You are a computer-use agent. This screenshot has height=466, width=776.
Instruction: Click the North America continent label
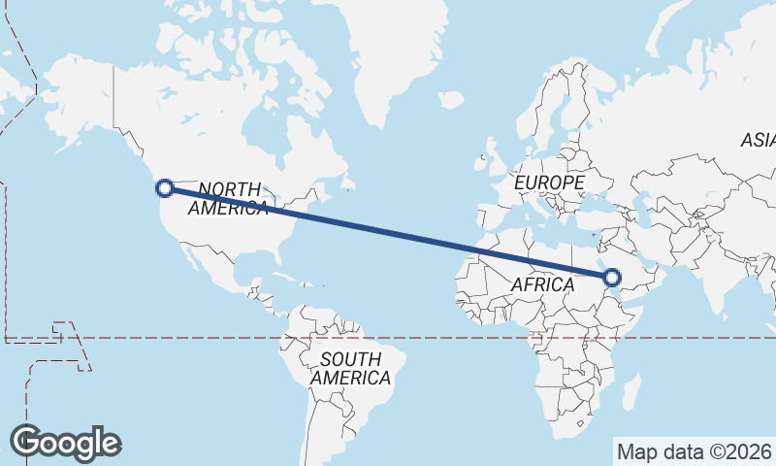pos(229,198)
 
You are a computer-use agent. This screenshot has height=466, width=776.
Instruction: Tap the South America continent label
pos(351,368)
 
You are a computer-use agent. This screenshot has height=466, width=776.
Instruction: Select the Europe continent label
pos(549,183)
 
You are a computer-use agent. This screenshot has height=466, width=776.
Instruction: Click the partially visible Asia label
pos(758,141)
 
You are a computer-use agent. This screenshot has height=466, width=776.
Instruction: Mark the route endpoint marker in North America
pos(165,187)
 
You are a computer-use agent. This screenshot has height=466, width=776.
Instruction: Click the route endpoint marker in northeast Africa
pos(611,279)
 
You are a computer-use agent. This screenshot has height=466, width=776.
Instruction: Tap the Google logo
pos(66,443)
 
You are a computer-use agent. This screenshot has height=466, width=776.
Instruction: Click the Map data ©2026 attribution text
pos(694,451)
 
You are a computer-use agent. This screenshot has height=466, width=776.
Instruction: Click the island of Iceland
pos(450,99)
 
